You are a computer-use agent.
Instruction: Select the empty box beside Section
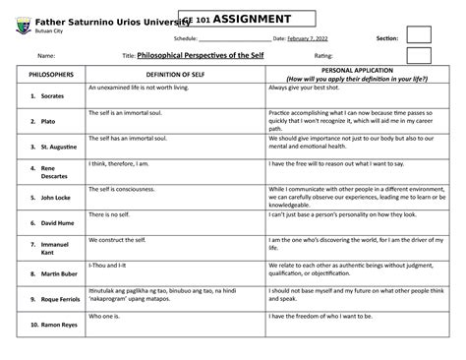(x=420, y=36)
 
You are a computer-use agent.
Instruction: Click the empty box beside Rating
(x=419, y=56)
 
